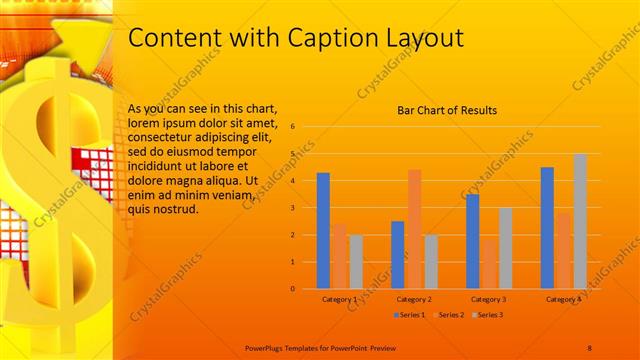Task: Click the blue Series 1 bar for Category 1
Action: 323,231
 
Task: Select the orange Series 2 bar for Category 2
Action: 414,229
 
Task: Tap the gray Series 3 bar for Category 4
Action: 580,221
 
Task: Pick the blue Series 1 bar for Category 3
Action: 472,241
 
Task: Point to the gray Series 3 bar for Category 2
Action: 431,261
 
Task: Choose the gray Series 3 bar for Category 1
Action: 356,261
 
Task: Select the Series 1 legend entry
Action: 409,315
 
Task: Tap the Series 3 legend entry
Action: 486,315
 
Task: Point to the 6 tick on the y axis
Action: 292,127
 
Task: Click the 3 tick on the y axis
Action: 292,208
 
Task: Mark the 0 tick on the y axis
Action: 292,289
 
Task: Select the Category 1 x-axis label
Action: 340,299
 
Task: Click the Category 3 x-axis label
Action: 488,299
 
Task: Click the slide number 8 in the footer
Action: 589,346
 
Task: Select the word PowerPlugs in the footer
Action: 267,346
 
